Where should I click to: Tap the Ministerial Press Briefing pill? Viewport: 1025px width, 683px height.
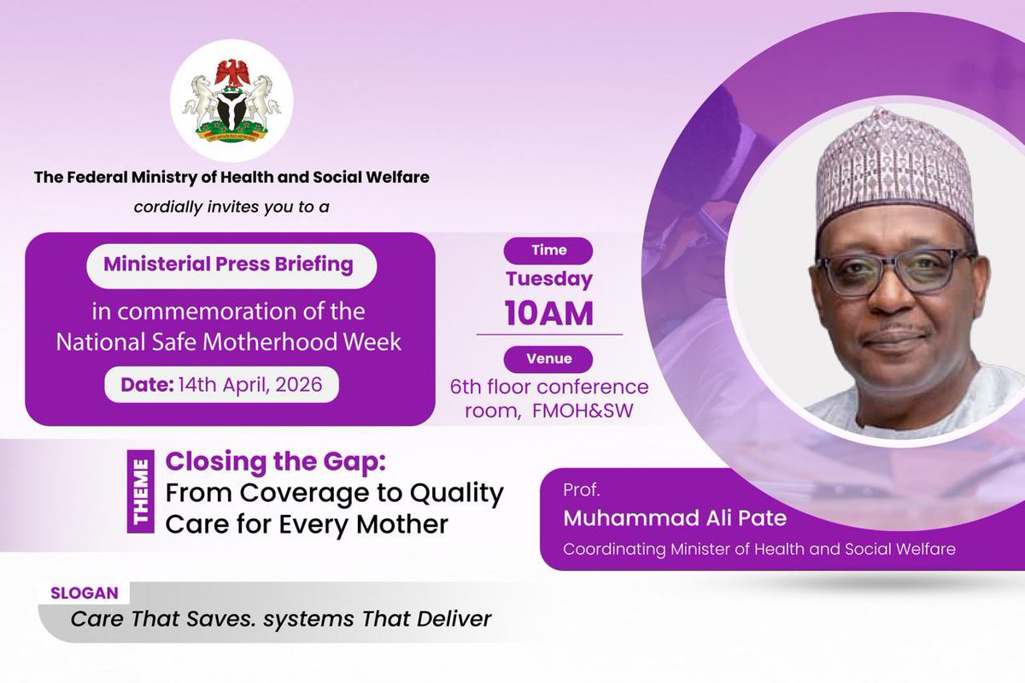point(229,265)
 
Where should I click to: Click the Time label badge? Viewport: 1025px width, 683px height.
point(548,250)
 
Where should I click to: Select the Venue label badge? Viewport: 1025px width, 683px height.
point(548,359)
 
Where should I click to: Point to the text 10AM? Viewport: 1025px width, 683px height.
point(548,313)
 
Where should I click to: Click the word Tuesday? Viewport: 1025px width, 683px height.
point(548,278)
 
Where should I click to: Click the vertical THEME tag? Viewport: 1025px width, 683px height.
point(140,492)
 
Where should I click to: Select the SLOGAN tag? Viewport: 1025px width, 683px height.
point(84,593)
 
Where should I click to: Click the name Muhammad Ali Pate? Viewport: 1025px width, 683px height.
point(675,518)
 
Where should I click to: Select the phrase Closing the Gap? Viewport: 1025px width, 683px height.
point(276,462)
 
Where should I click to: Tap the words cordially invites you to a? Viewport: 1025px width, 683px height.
point(231,206)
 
